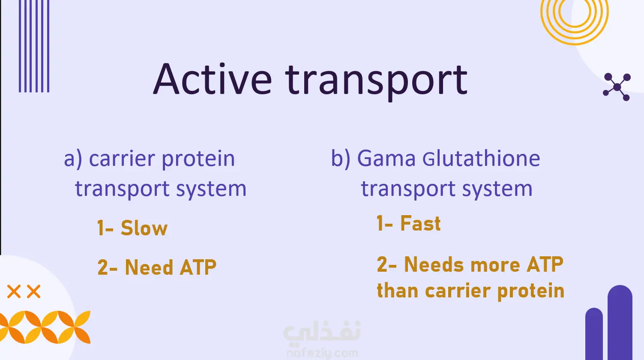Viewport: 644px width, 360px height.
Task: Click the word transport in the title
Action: (376, 82)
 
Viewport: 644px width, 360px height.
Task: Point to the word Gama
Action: (386, 159)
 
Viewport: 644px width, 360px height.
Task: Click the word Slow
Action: (144, 228)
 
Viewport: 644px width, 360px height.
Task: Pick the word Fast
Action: (420, 223)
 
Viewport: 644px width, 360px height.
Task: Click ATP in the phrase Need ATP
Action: (198, 267)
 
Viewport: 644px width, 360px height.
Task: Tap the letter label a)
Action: (73, 159)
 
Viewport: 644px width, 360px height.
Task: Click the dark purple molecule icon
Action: (617, 87)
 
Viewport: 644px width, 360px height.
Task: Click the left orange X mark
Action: (14, 291)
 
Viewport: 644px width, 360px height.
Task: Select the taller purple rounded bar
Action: (620, 322)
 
